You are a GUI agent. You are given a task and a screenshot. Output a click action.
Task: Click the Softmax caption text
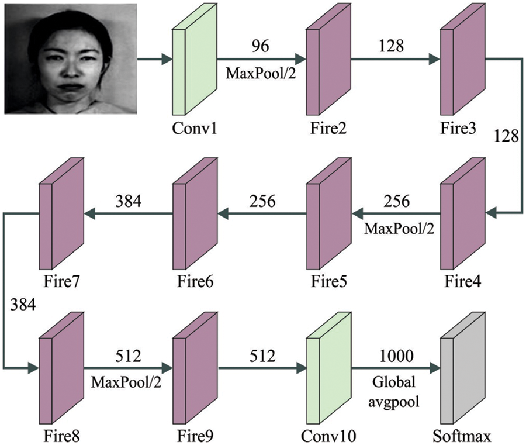461,435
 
